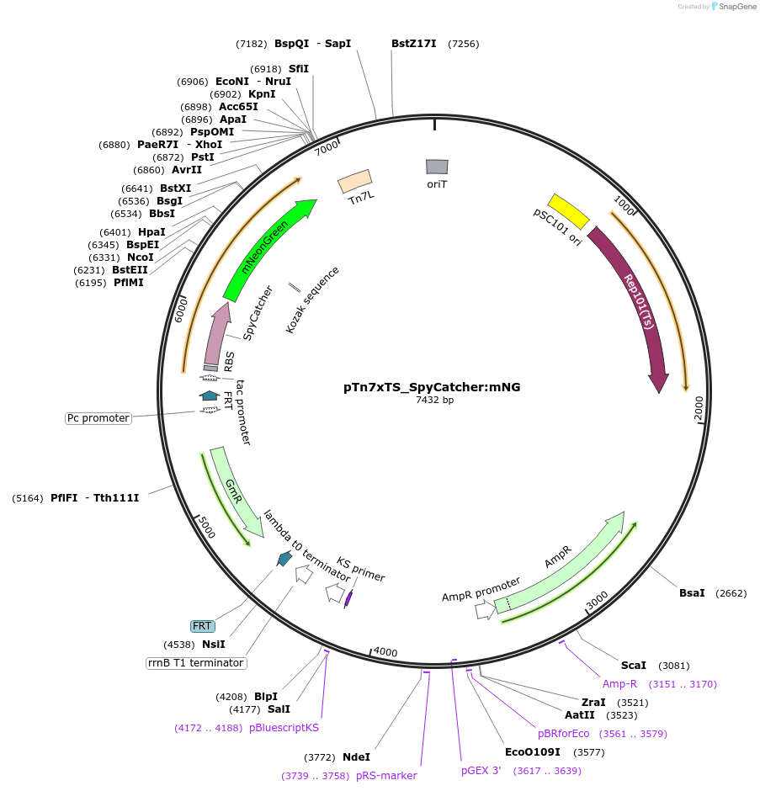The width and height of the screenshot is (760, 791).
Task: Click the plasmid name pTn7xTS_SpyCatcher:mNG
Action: click(432, 387)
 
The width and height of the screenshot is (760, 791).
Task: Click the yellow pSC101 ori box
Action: click(568, 211)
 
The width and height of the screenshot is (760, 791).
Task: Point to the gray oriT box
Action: click(436, 167)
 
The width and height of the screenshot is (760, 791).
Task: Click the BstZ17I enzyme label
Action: click(414, 44)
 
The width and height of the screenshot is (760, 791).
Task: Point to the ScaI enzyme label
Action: click(634, 666)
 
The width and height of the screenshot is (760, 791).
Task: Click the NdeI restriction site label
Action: click(356, 757)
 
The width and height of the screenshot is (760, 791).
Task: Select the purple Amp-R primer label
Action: click(619, 683)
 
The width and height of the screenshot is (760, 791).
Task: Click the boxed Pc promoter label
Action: click(98, 418)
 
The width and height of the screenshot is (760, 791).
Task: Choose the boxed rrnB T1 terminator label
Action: click(196, 663)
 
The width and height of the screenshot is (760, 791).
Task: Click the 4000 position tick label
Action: click(385, 652)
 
